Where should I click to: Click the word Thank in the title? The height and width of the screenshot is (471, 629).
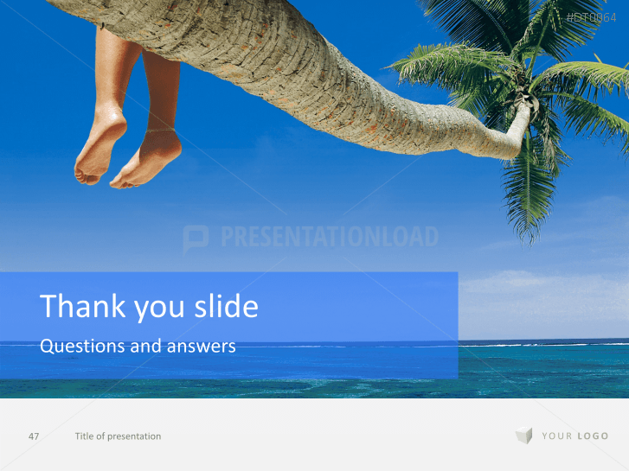coord(76,307)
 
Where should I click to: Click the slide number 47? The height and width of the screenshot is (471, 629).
coord(34,436)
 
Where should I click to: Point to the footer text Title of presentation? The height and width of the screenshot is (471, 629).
coord(118,436)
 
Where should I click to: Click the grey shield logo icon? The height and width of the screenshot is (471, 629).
coord(523,436)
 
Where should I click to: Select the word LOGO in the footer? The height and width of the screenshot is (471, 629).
coord(593,436)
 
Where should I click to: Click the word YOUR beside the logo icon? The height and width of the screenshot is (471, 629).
coord(557,436)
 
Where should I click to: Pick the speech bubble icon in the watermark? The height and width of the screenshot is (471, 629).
coord(196,239)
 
